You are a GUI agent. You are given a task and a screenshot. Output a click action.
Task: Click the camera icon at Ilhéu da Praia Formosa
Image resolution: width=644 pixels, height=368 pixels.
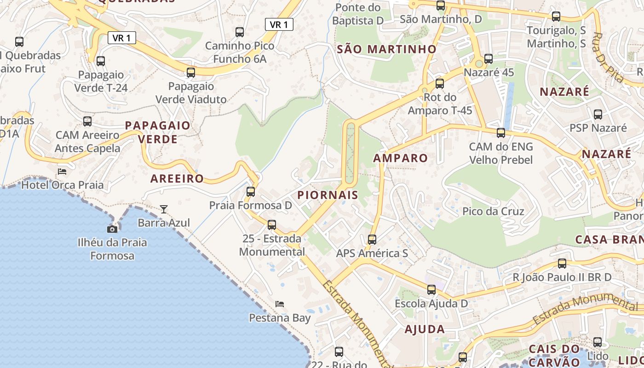112,229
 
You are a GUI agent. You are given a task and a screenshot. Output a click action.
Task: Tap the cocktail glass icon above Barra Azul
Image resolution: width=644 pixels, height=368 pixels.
164,209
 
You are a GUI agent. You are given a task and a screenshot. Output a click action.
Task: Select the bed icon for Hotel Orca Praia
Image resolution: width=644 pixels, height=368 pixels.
62,172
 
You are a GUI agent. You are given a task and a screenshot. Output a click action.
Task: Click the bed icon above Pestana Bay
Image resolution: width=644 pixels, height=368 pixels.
279,304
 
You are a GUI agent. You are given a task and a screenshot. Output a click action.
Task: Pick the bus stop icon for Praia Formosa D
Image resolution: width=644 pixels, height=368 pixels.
251,192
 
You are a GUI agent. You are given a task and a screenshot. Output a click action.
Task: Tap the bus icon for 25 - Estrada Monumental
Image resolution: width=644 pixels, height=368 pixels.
272,225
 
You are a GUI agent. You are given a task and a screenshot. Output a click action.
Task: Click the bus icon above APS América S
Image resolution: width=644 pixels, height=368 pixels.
372,240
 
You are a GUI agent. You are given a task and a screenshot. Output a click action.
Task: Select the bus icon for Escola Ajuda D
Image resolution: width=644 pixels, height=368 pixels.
431,290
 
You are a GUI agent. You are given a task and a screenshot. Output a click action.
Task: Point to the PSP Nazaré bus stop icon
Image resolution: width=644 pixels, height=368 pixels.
598,115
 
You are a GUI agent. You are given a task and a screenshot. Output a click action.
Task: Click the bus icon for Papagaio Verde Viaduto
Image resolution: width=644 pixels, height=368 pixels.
191,73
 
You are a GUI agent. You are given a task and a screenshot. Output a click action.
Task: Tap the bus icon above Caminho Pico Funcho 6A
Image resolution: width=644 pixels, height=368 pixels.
240,32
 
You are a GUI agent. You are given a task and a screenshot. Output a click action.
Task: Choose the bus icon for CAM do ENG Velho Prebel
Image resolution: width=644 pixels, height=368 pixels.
501,133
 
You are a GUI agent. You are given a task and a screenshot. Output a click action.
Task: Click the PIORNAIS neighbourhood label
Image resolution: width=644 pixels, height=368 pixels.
328,195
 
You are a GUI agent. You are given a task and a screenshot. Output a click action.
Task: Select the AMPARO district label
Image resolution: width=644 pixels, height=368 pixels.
400,158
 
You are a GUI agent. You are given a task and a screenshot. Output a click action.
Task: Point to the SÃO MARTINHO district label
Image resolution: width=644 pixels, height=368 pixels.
386,49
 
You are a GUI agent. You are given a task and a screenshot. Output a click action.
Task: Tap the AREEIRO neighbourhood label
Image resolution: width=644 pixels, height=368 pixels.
177,178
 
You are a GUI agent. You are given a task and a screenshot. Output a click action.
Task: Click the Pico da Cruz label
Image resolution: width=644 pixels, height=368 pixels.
493,212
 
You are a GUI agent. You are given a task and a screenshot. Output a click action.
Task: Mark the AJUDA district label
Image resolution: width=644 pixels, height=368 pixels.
425,329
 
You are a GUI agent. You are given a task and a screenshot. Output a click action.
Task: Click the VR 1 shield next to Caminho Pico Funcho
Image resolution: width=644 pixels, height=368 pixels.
279,24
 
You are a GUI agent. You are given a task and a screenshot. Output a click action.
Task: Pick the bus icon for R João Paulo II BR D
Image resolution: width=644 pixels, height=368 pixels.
562,264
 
